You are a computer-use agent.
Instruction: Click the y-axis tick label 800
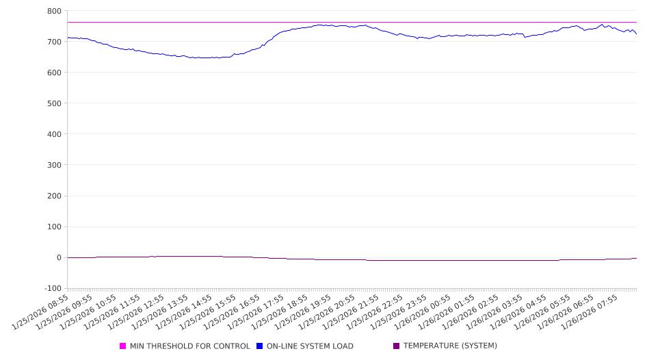54,11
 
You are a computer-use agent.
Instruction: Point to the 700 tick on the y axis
54,42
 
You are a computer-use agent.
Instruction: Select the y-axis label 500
54,103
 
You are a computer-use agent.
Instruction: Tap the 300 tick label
54,165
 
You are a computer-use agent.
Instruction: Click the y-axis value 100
54,227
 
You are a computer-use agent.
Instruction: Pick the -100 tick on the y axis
52,288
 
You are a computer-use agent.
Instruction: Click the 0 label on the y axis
58,257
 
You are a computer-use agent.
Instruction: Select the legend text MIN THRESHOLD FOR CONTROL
189,346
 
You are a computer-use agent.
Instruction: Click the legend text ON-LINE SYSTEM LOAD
310,346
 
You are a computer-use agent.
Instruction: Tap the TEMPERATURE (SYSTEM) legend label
450,346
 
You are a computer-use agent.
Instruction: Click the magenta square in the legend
123,346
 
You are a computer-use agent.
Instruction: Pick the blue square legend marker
260,346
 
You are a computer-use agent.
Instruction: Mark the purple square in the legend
397,346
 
